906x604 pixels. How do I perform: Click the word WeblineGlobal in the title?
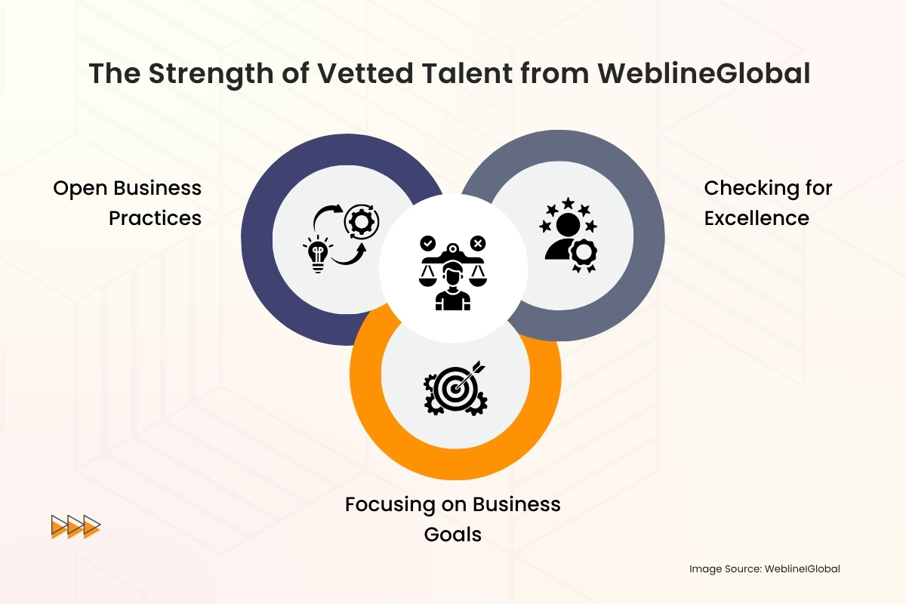click(x=704, y=73)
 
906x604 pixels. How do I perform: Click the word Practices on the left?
click(x=155, y=218)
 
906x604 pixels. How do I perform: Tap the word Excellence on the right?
click(x=757, y=218)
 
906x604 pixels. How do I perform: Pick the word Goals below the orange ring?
click(x=453, y=535)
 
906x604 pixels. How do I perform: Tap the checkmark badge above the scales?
click(x=428, y=243)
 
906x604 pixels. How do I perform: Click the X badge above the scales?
click(x=478, y=243)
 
